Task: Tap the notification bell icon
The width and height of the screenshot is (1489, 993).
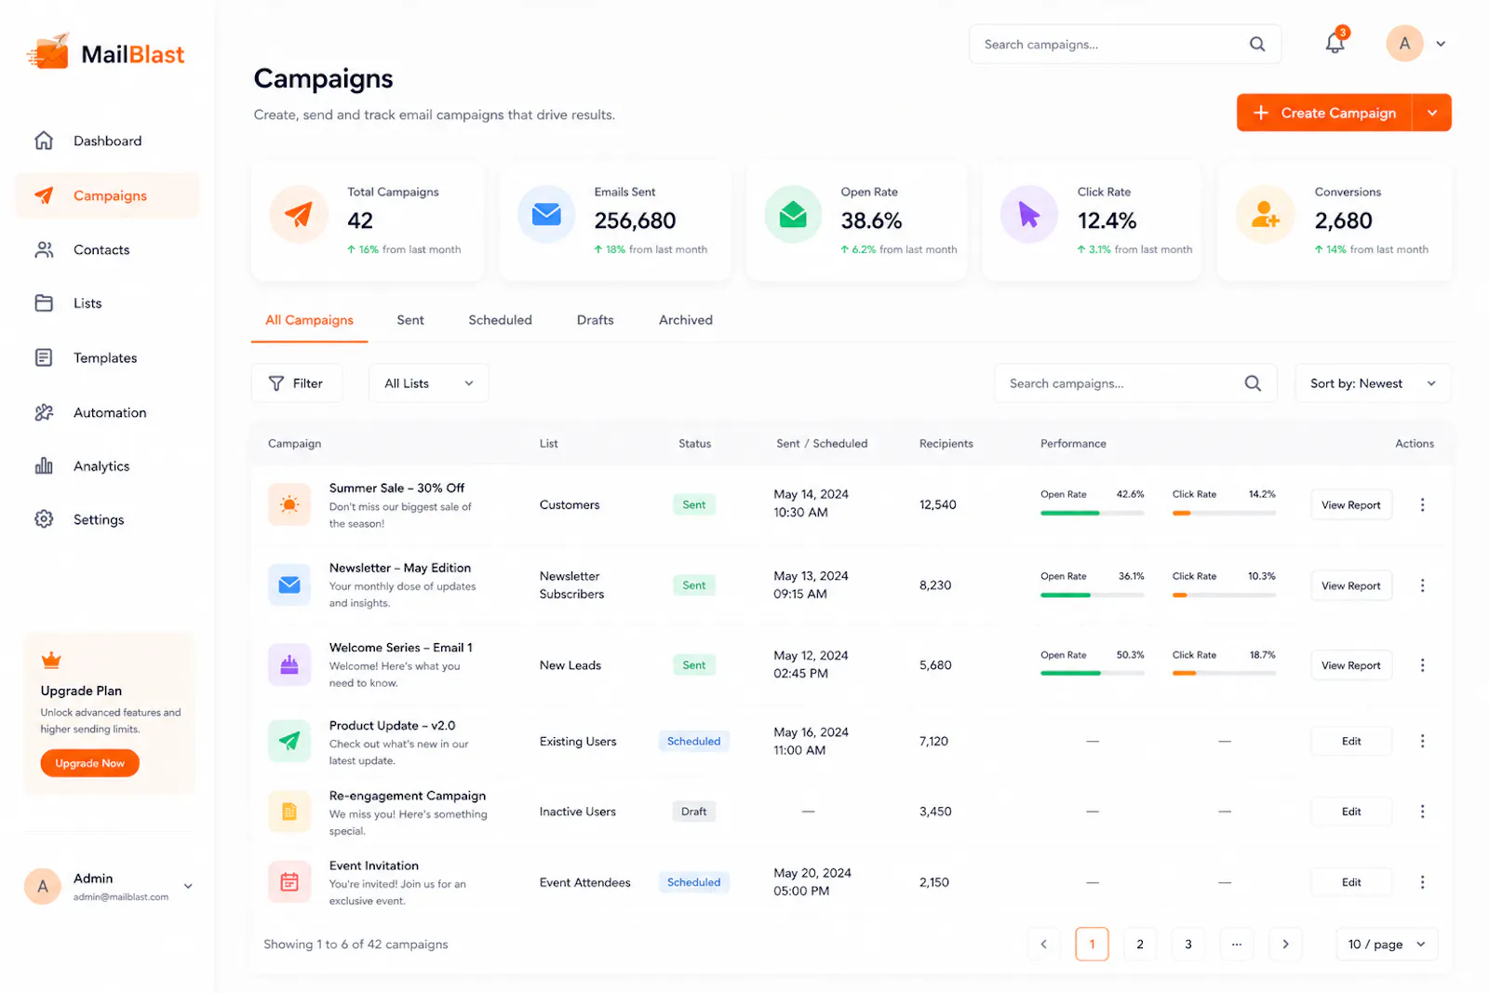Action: [1335, 43]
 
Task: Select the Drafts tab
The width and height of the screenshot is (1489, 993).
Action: [595, 320]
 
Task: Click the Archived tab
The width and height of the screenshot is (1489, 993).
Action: [685, 320]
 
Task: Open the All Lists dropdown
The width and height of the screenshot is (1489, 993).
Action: [429, 383]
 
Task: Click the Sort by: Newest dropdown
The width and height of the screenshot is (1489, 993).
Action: [1373, 383]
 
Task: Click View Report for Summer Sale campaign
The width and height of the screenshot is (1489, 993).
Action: [1350, 505]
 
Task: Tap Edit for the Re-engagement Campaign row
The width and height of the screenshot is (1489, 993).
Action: [1350, 812]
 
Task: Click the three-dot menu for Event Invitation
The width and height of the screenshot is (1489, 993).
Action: [1423, 882]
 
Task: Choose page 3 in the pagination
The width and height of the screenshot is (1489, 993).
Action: [1187, 944]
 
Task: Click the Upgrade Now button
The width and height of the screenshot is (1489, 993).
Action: [89, 763]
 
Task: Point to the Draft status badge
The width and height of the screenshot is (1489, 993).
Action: [693, 812]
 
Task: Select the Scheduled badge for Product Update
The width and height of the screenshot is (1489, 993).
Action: [693, 741]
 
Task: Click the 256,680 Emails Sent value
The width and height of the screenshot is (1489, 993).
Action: [635, 221]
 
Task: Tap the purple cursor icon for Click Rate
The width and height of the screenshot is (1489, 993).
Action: [1029, 215]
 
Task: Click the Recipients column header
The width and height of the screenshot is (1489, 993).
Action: [946, 443]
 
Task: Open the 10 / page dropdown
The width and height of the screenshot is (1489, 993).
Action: [1387, 944]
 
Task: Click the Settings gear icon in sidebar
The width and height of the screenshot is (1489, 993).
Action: [44, 519]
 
